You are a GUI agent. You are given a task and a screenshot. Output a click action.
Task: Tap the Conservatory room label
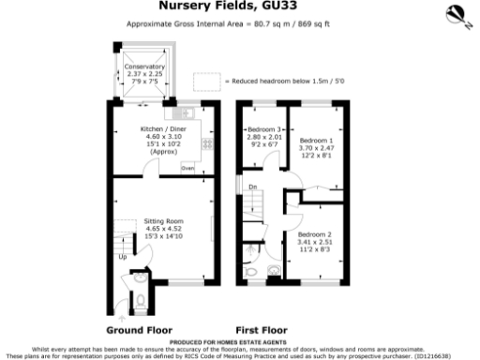pos(145,67)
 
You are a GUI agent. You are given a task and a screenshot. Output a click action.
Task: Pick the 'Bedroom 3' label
pos(263,128)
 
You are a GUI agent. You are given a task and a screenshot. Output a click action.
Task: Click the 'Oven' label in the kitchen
pos(187,168)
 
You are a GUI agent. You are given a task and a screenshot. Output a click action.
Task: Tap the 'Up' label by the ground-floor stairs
pos(122,255)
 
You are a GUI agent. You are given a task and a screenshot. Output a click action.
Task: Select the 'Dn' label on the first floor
pos(253,187)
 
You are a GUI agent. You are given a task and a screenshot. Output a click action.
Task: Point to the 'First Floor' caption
pos(261,330)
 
